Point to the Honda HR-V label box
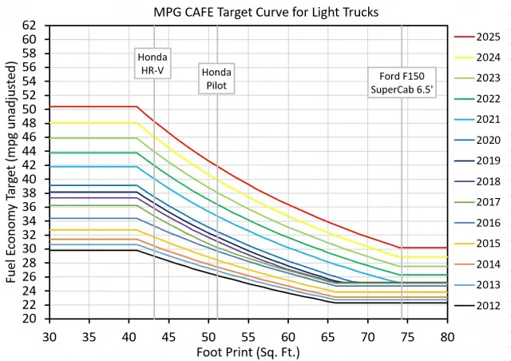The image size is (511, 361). pos(153,64)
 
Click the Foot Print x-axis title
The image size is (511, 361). pos(249,350)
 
